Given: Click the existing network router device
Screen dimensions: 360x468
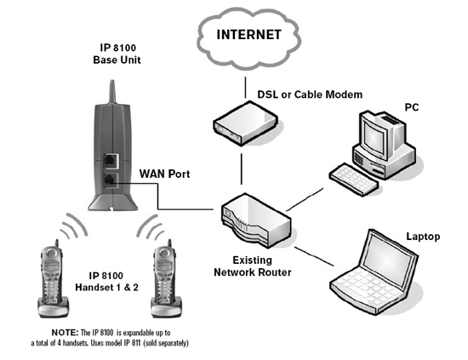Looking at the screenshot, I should [251, 219].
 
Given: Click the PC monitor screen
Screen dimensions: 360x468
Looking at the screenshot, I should [374, 135].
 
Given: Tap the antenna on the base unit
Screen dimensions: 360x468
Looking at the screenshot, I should [112, 94].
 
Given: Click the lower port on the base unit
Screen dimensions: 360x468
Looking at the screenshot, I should [112, 180].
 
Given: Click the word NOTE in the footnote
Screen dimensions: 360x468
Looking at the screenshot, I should [66, 330].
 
